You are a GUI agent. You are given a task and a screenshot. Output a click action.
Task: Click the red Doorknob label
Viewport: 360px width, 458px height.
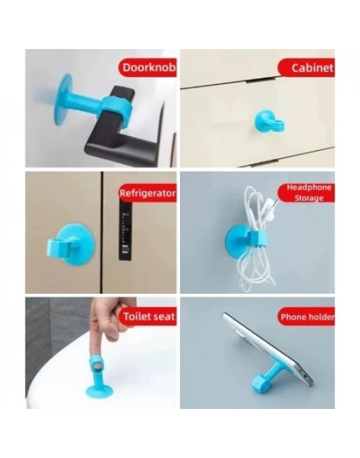pyautogui.click(x=147, y=67)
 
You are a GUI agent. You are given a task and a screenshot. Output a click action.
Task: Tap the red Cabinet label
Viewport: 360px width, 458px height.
pyautogui.click(x=306, y=67)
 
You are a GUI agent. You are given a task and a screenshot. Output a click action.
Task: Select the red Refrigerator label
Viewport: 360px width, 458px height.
pyautogui.click(x=147, y=193)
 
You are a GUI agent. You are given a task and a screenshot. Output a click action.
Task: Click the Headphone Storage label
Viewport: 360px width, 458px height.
pyautogui.click(x=308, y=192)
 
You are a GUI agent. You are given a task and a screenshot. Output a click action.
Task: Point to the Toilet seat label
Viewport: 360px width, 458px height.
pyautogui.click(x=149, y=317)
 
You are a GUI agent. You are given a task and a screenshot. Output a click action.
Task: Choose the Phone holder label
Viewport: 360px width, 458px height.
pyautogui.click(x=306, y=317)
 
